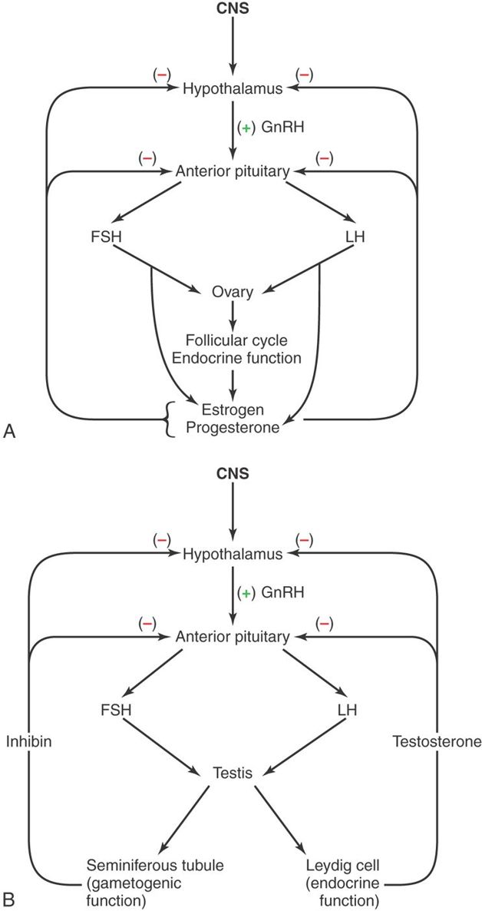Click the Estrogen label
coord(232,407)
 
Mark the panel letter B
coord(9,896)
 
